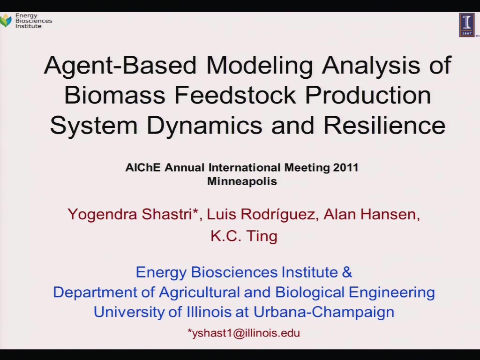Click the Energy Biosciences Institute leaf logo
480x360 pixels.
click(6, 20)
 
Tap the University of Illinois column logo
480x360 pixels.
click(466, 25)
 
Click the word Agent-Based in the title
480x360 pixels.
click(120, 66)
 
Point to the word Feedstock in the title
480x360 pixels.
click(235, 95)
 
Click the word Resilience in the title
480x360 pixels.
click(384, 125)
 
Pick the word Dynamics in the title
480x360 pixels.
click(204, 126)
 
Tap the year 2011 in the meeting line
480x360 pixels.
click(345, 167)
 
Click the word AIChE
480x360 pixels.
click(142, 167)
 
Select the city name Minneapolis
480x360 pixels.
click(242, 181)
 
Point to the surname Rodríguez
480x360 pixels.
click(278, 214)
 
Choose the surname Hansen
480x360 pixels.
click(388, 214)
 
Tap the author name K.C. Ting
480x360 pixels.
click(244, 236)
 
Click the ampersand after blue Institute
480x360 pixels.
click(347, 272)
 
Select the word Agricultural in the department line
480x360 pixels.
click(199, 292)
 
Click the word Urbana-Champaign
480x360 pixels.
click(324, 312)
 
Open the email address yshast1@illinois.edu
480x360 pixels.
click(244, 333)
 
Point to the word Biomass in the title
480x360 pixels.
click(115, 95)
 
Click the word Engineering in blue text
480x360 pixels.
click(391, 292)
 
